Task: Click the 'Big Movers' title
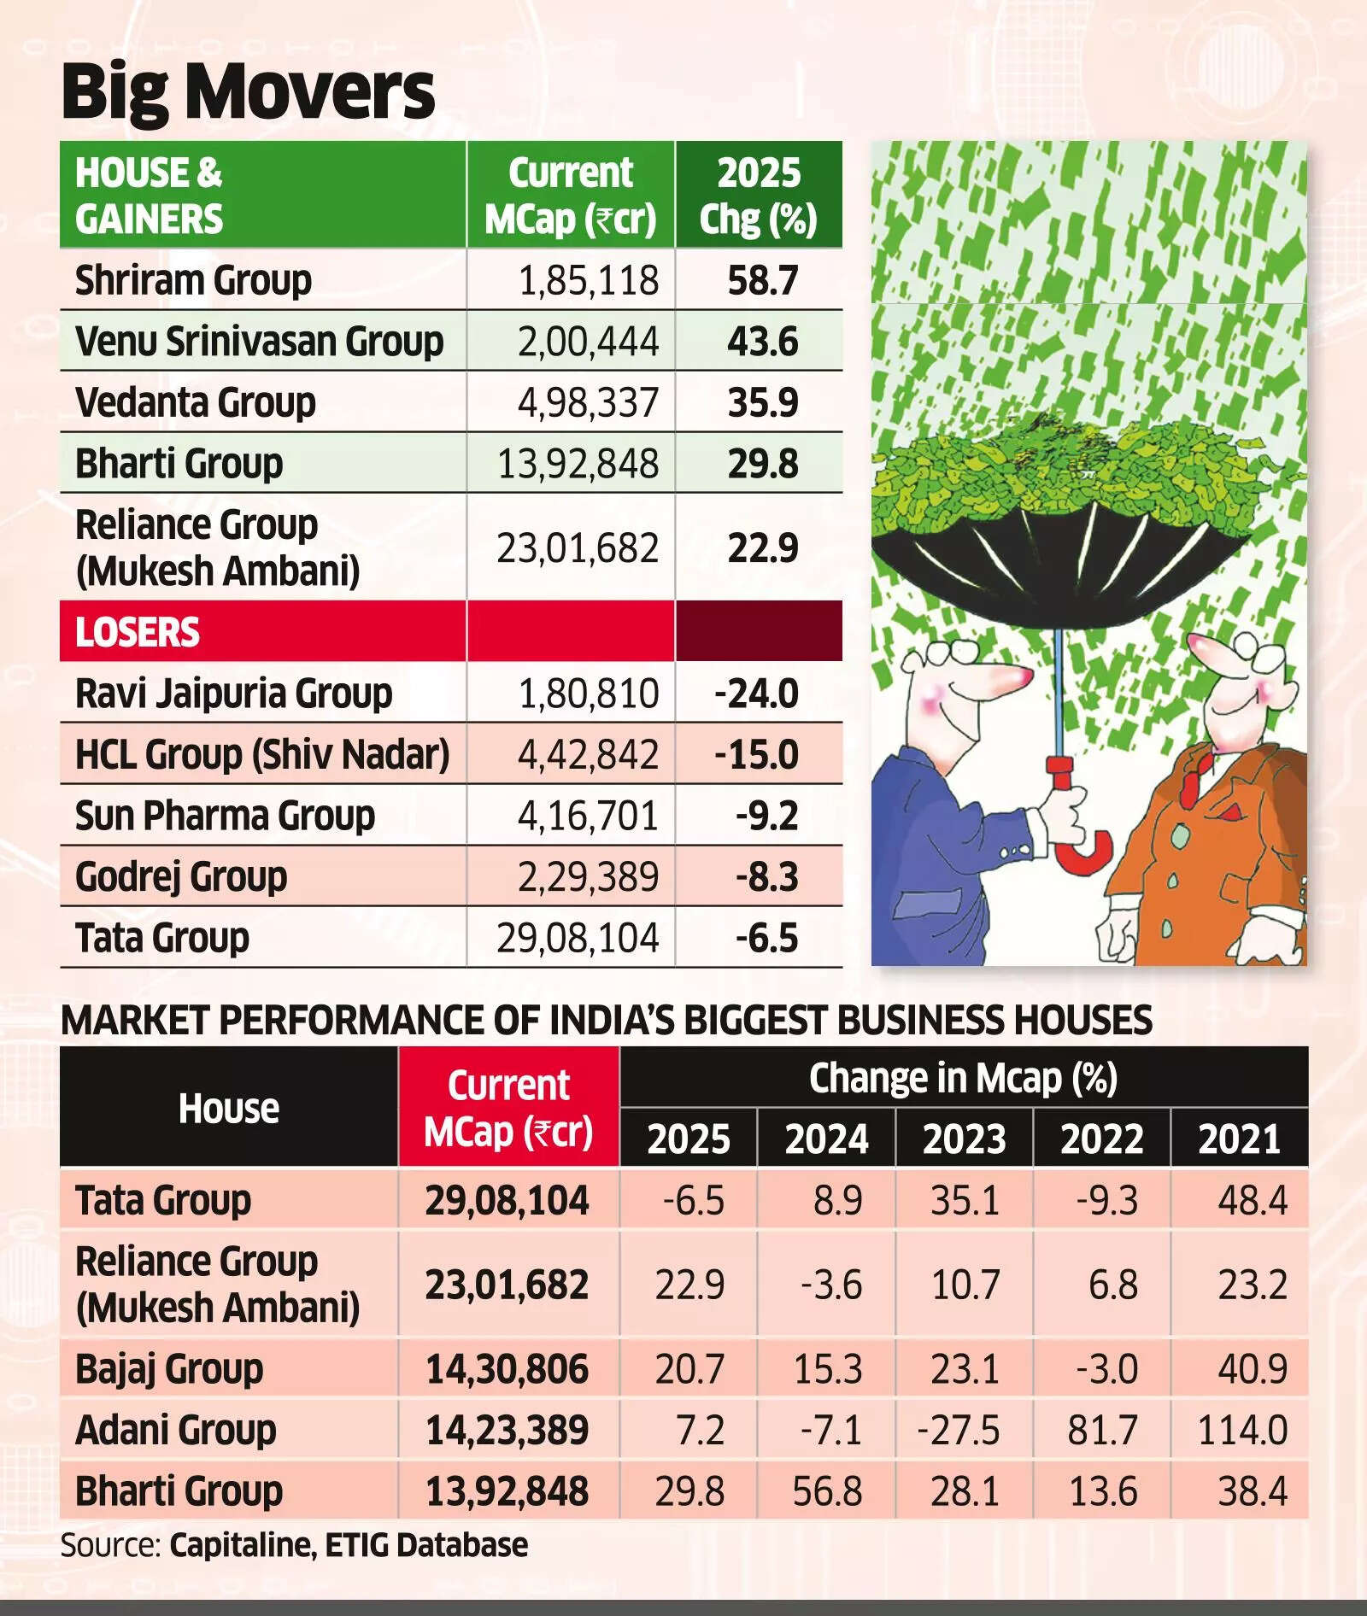(248, 92)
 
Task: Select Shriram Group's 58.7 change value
(762, 281)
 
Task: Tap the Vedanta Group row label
(196, 402)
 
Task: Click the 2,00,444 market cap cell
(588, 342)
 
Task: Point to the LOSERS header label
(138, 633)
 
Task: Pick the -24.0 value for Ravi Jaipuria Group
(756, 694)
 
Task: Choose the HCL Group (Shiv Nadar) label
(262, 755)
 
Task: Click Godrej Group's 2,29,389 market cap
(588, 877)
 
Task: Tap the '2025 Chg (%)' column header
(759, 196)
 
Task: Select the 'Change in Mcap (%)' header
(963, 1078)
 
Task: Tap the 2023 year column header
(964, 1139)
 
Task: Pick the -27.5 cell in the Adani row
(958, 1430)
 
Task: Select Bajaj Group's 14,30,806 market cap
(507, 1369)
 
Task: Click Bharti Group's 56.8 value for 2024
(827, 1491)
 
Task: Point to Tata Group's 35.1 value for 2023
(965, 1201)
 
